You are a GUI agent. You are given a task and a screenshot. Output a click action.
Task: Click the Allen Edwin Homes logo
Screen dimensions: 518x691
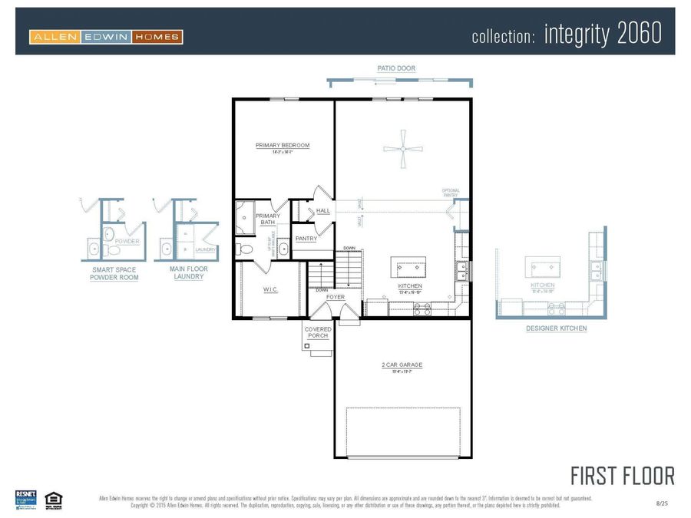point(106,36)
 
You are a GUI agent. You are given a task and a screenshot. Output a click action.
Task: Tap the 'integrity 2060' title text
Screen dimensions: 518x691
point(603,35)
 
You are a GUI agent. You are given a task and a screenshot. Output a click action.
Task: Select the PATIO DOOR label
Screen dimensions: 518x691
point(396,68)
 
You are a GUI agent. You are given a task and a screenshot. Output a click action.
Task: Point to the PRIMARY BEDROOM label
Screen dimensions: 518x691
point(283,145)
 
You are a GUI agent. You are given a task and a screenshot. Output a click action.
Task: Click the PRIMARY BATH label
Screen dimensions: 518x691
point(268,219)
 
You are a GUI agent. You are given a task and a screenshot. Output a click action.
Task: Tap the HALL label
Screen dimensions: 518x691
point(323,210)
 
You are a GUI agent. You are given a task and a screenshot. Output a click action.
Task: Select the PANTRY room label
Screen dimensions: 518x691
point(306,239)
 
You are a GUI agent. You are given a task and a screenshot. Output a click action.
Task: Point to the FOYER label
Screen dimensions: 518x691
point(336,296)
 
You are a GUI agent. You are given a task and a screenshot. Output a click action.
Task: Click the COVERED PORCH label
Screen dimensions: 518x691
point(318,332)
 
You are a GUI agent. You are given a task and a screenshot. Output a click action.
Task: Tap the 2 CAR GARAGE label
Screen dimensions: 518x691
point(402,365)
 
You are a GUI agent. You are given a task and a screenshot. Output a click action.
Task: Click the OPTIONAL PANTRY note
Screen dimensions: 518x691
point(451,193)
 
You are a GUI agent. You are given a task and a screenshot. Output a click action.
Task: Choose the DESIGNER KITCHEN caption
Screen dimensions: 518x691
point(556,328)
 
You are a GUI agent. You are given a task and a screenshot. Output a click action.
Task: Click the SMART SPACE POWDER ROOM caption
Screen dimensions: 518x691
point(115,273)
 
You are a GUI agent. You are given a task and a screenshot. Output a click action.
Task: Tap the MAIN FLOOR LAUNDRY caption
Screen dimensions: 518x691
point(188,273)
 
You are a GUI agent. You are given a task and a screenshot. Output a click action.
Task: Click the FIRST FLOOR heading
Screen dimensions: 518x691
point(622,475)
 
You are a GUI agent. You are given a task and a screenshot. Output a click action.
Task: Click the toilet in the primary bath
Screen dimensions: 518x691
point(246,249)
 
